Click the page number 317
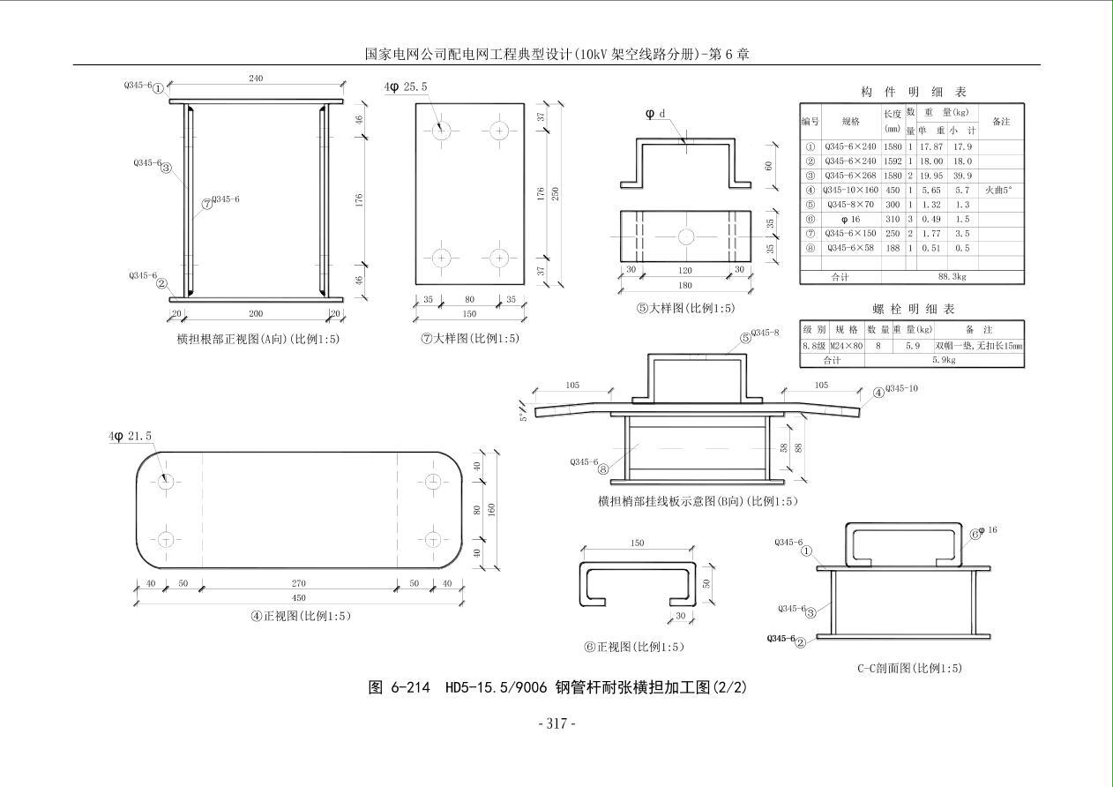click(556, 723)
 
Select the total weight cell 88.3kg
click(952, 277)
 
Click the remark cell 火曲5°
click(999, 190)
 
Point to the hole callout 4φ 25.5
click(407, 87)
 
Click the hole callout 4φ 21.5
click(131, 437)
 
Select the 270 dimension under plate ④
click(300, 583)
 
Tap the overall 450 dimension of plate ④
click(300, 598)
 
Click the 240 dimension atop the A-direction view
click(256, 79)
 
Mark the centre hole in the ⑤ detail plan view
click(685, 236)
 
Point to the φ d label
click(655, 114)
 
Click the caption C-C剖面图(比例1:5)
click(909, 668)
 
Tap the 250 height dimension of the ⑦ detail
click(555, 193)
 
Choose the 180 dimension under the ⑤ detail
click(685, 285)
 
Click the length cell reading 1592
click(893, 161)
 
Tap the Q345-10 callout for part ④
click(901, 388)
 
